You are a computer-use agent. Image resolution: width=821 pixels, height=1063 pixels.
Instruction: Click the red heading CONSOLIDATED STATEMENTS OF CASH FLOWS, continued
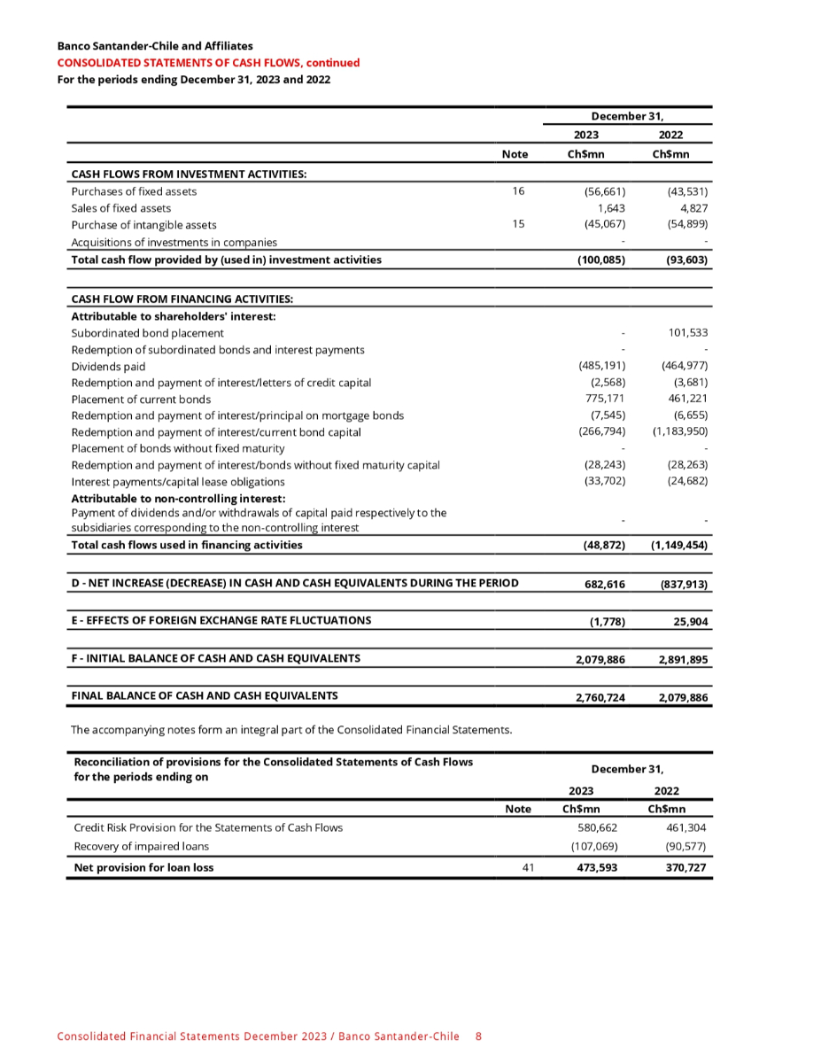pyautogui.click(x=208, y=63)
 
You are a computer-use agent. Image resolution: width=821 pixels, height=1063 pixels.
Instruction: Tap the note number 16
pyautogui.click(x=518, y=190)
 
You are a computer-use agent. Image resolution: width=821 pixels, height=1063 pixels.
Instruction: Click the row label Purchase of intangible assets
pyautogui.click(x=143, y=225)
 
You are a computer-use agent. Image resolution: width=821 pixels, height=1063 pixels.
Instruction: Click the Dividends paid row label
pyautogui.click(x=108, y=366)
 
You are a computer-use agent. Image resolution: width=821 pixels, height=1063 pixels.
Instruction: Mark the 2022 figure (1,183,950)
pyautogui.click(x=680, y=431)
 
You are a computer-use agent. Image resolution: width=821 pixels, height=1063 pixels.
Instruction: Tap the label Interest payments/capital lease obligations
pyautogui.click(x=178, y=482)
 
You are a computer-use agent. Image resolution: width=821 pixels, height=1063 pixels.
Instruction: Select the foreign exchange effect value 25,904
pyautogui.click(x=689, y=622)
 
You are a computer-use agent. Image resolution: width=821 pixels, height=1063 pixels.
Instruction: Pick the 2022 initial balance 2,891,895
pyautogui.click(x=683, y=660)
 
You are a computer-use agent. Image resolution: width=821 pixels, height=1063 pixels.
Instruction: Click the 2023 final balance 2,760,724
pyautogui.click(x=600, y=698)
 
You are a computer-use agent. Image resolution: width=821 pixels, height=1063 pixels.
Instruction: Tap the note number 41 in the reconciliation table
pyautogui.click(x=528, y=867)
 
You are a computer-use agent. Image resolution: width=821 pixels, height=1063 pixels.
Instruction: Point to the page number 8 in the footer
pyautogui.click(x=478, y=1036)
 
